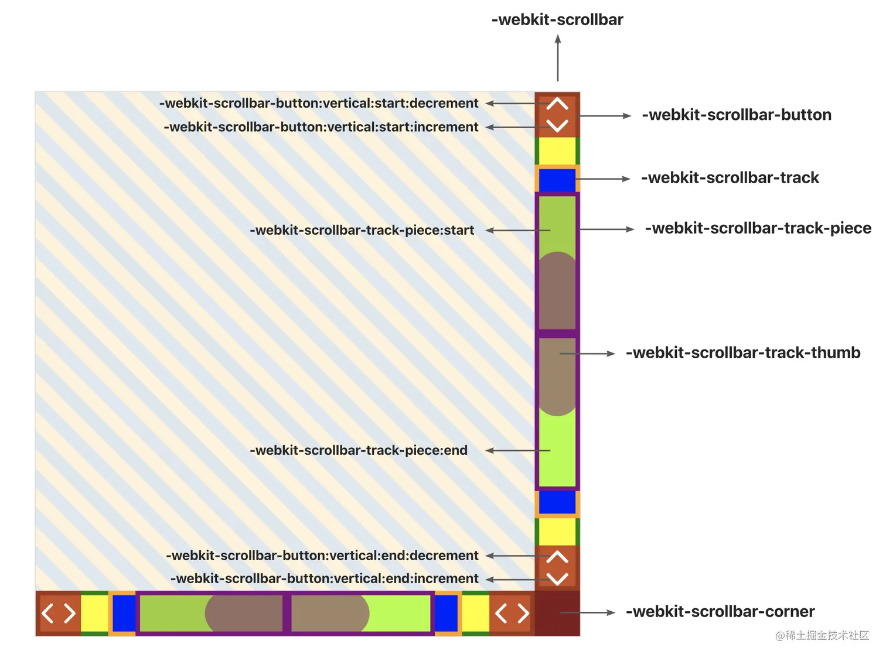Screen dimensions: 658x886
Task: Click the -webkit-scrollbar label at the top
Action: tap(557, 20)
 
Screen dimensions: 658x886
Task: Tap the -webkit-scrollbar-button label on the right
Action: tap(737, 115)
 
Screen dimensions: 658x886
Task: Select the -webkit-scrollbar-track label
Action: tap(730, 178)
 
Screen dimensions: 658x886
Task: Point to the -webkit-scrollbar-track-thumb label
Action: tap(743, 353)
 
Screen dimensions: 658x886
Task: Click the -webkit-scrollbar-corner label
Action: tap(720, 612)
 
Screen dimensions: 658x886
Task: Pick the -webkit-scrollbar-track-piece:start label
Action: tap(362, 230)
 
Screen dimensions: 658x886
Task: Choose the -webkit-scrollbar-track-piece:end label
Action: tap(359, 450)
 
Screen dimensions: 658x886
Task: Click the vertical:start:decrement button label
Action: tap(319, 103)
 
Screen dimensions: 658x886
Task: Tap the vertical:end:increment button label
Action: tap(324, 578)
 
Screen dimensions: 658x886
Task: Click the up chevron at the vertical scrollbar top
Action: tap(557, 104)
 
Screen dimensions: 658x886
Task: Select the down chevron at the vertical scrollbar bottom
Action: tap(557, 578)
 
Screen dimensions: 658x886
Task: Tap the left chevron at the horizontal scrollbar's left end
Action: tap(48, 614)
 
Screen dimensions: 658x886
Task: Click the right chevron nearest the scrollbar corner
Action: tap(523, 614)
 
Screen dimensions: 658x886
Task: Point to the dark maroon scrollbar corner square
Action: tap(557, 613)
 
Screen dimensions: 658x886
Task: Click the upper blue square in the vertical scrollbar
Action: tap(557, 180)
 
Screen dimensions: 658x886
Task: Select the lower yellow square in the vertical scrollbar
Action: tap(557, 532)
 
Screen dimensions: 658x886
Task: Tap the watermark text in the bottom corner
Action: tap(822, 636)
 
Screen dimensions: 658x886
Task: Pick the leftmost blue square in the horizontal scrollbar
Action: tap(124, 613)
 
